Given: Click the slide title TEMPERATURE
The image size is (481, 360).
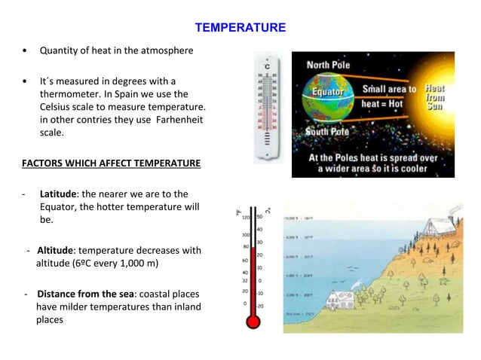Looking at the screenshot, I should tap(240, 28).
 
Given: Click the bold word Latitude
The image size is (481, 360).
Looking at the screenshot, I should tap(60, 194).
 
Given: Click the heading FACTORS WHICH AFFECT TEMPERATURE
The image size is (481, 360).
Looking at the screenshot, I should tap(110, 162).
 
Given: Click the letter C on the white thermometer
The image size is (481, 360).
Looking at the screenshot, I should tap(268, 66).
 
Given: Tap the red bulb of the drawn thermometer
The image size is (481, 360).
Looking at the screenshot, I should tap(252, 322).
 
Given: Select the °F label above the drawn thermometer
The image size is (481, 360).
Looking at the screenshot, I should tap(240, 213).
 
